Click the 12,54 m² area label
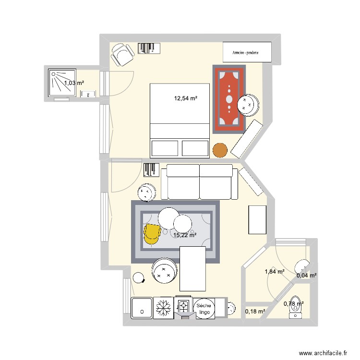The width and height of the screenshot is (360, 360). point(186,99)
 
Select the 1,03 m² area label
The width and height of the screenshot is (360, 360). point(74,83)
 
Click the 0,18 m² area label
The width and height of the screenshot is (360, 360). point(255,312)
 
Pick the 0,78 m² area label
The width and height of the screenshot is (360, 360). point(293,303)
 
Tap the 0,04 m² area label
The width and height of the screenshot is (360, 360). point(306,276)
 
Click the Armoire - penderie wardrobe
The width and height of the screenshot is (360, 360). point(247,52)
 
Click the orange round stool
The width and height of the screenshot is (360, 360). point(219,150)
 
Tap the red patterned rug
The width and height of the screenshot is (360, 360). point(229,98)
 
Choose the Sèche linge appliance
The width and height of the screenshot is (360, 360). point(204,308)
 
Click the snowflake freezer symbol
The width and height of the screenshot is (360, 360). point(164,307)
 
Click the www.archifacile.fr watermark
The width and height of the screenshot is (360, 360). point(323,353)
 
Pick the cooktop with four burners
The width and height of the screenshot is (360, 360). point(184,305)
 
